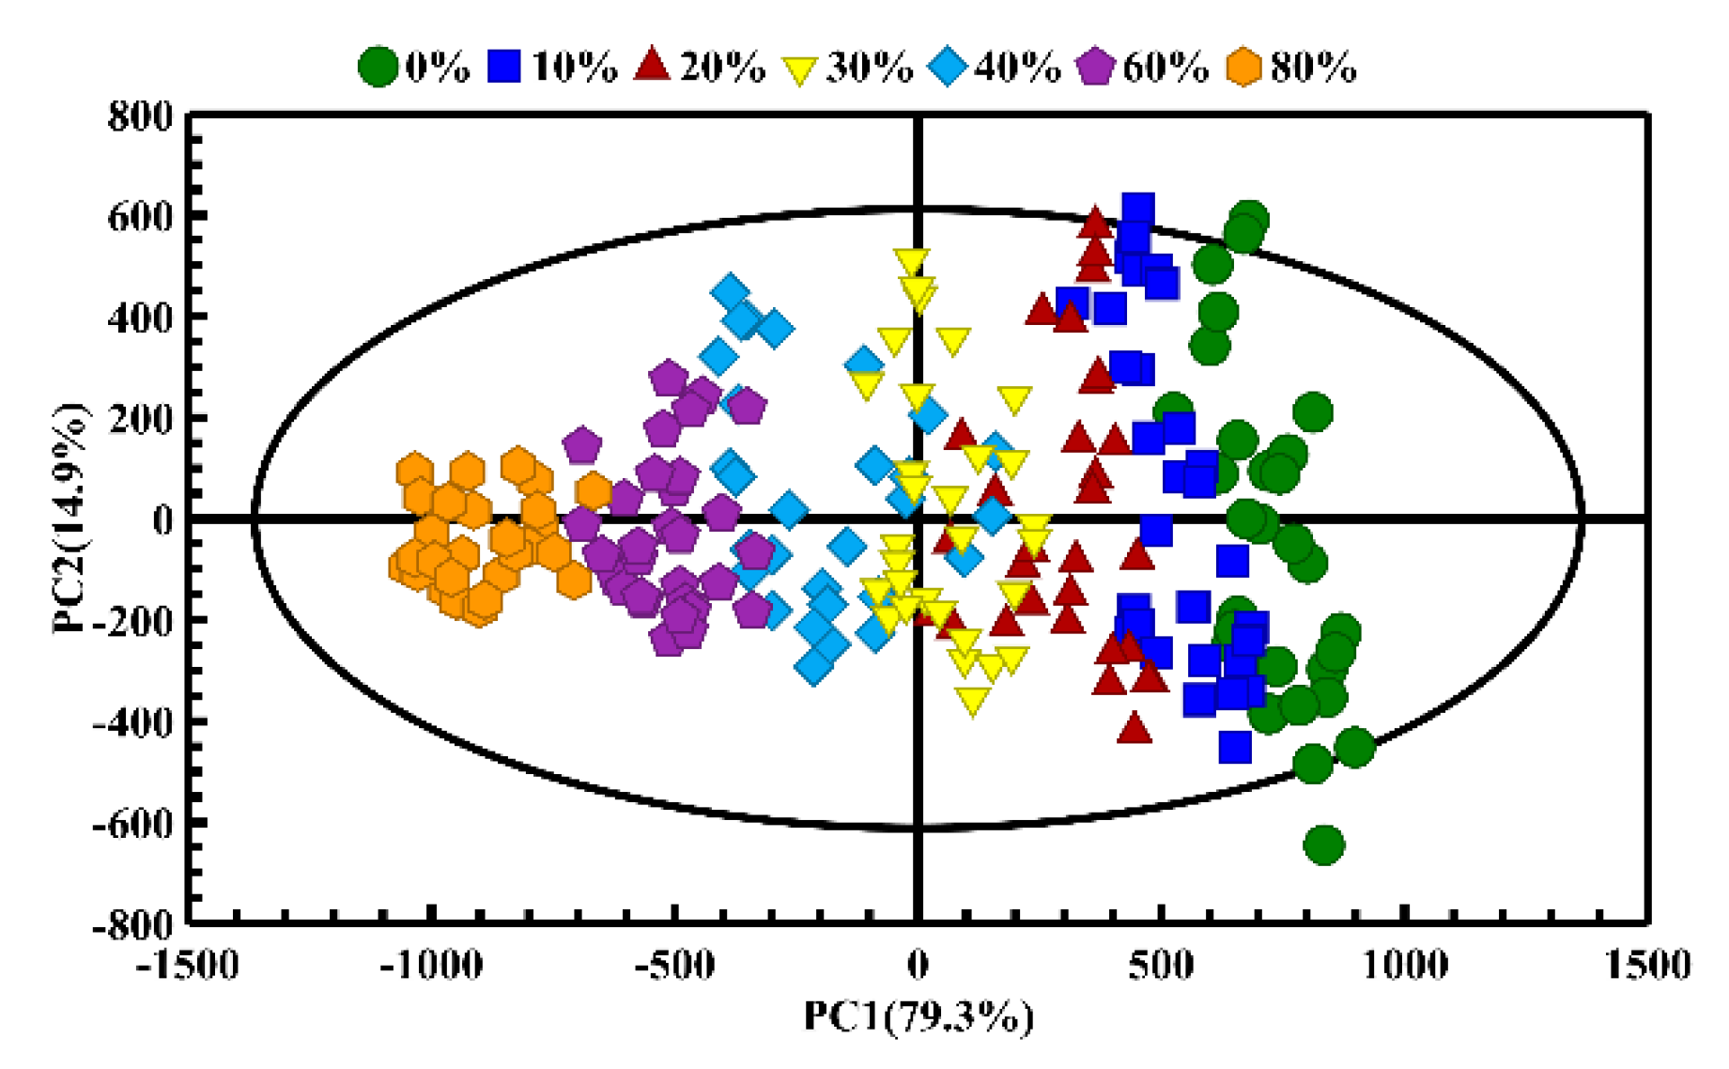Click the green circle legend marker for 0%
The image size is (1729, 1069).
click(378, 67)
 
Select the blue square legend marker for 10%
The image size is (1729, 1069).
click(504, 67)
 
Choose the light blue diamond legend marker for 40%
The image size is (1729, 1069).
click(949, 67)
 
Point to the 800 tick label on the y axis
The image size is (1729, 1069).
click(142, 117)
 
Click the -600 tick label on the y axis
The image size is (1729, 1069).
click(133, 825)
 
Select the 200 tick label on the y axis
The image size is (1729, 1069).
click(142, 420)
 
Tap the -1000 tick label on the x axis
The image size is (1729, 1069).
click(431, 965)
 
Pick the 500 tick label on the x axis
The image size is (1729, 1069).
click(1162, 965)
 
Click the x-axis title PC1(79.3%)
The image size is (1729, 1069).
click(918, 1016)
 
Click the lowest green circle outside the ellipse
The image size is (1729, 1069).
click(1324, 844)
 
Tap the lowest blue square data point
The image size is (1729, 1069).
click(1235, 747)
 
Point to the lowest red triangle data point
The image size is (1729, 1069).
click(1135, 728)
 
